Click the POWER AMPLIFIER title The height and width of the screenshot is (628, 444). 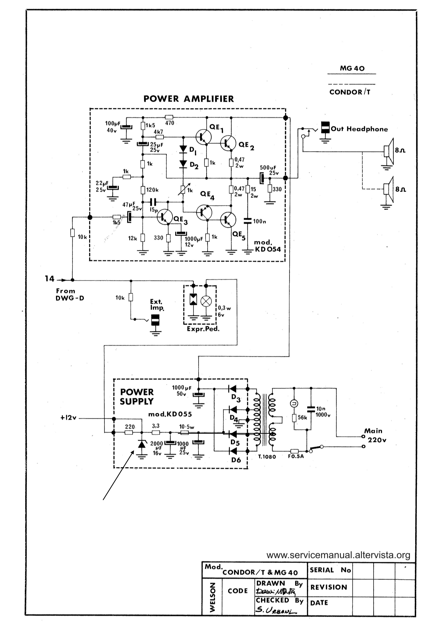[189, 99]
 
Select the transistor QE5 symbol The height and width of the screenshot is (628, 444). [228, 220]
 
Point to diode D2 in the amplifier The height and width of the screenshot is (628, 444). [183, 164]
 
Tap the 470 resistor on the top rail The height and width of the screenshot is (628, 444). [169, 117]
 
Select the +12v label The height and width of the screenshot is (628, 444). [69, 418]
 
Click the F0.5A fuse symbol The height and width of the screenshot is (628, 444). [294, 451]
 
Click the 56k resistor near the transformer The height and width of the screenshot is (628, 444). [294, 418]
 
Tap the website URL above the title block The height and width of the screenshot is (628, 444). [338, 555]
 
